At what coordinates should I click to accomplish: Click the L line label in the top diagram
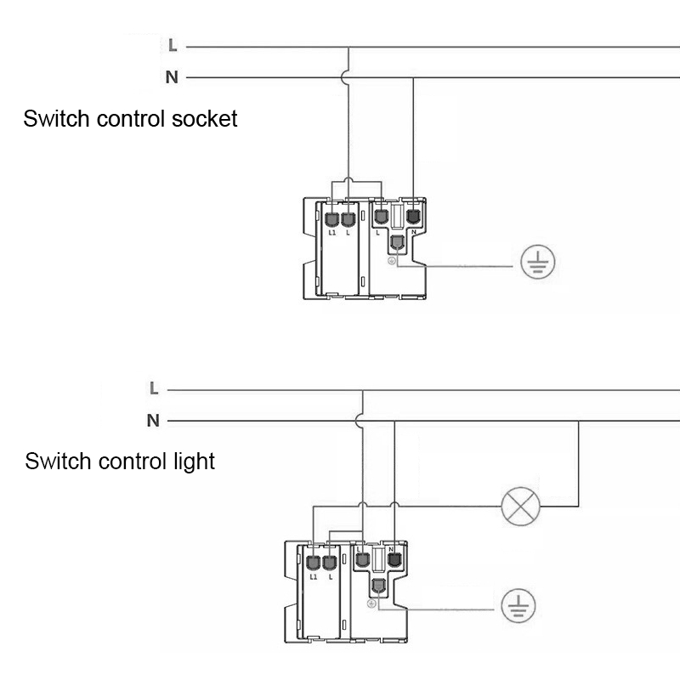click(x=173, y=45)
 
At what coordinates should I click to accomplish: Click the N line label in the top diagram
click(x=172, y=77)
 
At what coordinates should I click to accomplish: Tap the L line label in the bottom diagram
click(x=154, y=388)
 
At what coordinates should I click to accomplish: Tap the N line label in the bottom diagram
click(x=153, y=420)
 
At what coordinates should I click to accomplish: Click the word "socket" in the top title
click(x=204, y=119)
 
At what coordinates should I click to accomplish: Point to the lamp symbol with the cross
click(x=520, y=506)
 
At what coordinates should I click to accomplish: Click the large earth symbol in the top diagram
click(x=538, y=262)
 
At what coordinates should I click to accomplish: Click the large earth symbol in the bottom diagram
click(x=518, y=606)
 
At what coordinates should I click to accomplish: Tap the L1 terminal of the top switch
click(x=331, y=219)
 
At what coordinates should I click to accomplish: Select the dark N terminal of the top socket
click(x=413, y=216)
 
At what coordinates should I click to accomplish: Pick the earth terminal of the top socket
click(x=397, y=242)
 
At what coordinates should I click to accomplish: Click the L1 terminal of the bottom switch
click(x=313, y=563)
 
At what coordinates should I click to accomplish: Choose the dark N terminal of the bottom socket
click(x=394, y=559)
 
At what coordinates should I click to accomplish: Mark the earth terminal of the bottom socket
click(x=378, y=586)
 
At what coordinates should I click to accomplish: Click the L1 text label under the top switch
click(x=332, y=233)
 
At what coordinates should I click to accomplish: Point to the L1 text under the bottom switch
click(x=314, y=577)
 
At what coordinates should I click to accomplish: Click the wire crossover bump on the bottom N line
click(x=358, y=421)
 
